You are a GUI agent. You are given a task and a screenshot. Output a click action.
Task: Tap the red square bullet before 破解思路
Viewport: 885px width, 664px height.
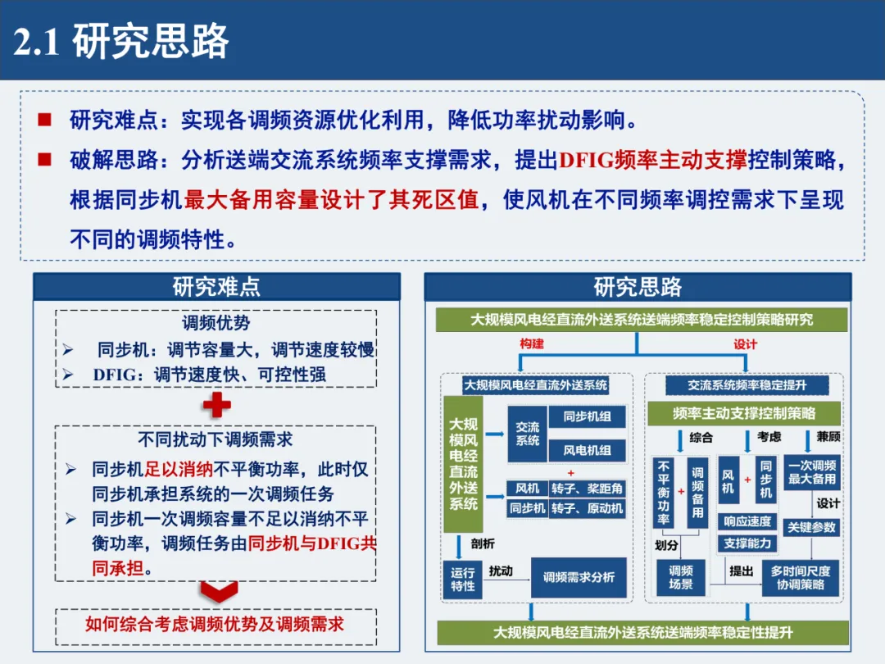tap(43, 159)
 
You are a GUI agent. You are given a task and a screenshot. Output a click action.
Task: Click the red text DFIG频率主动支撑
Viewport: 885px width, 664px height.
tap(652, 159)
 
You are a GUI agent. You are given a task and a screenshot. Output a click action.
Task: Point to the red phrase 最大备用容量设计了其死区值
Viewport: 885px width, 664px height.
tap(331, 199)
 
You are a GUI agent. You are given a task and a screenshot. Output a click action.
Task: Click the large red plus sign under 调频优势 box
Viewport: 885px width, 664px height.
tap(216, 405)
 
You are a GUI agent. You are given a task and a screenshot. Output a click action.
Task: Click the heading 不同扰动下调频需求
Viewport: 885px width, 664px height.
tap(215, 440)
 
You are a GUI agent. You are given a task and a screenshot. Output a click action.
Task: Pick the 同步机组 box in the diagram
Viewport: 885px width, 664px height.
tap(587, 416)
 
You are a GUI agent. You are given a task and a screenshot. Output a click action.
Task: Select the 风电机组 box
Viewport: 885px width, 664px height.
tap(587, 450)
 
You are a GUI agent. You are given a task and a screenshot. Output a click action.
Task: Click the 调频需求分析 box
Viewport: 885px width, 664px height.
tap(579, 577)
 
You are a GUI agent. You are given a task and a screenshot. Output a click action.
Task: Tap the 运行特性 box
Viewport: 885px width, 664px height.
tap(463, 578)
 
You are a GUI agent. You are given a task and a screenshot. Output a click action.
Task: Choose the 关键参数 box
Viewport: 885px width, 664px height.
tap(811, 528)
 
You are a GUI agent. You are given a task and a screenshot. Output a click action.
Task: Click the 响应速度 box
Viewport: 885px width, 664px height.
tap(747, 521)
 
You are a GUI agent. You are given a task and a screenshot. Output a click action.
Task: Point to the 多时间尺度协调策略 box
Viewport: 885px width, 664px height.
tap(801, 577)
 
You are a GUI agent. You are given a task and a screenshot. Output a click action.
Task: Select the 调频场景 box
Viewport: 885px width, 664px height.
tap(681, 577)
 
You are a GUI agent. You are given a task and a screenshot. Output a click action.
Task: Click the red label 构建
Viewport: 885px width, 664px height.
tap(532, 344)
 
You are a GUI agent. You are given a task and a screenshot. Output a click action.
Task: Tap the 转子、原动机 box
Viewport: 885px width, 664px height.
tap(587, 508)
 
